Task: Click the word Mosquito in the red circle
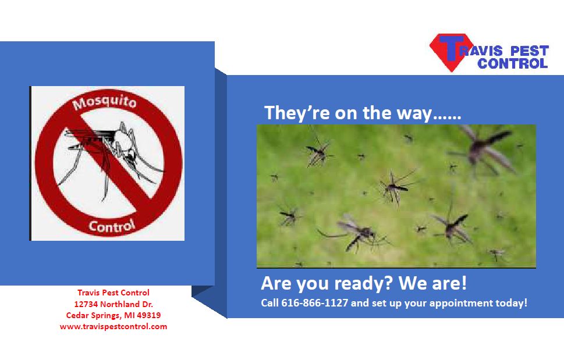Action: coord(104,102)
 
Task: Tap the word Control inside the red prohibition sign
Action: coord(112,226)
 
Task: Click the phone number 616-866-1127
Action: coord(314,303)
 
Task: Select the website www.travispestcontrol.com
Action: coord(113,327)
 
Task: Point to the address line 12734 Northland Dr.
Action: coord(113,304)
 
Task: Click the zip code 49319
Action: coord(149,315)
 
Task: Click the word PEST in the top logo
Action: coord(530,51)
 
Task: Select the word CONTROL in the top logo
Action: coord(512,63)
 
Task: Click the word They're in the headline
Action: coord(297,113)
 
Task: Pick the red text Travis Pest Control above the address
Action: coord(113,293)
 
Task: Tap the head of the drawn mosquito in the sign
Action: coord(132,155)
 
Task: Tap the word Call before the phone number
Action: coord(269,303)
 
